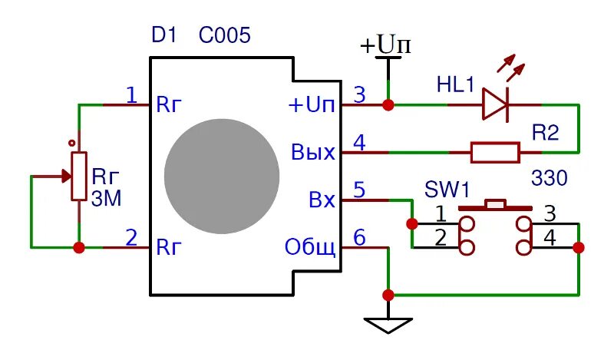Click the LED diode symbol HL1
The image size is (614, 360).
[495, 104]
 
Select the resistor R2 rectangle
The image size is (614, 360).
[495, 153]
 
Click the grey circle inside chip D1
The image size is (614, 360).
[222, 177]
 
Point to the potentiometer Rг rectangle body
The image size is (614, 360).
[79, 177]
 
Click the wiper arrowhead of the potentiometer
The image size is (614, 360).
[67, 177]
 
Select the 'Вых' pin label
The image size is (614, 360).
[313, 153]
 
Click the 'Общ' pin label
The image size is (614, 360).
[310, 248]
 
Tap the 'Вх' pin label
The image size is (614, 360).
[322, 200]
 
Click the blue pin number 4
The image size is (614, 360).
[359, 143]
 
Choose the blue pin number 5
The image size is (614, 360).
[359, 190]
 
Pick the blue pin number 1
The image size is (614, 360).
[131, 95]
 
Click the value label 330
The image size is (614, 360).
[549, 178]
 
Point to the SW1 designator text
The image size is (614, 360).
[447, 190]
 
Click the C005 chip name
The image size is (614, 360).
[224, 35]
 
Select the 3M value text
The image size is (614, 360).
[106, 199]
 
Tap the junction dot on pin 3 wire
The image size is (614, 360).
[388, 105]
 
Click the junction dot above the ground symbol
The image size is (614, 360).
[388, 295]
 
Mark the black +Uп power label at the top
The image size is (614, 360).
[385, 45]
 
